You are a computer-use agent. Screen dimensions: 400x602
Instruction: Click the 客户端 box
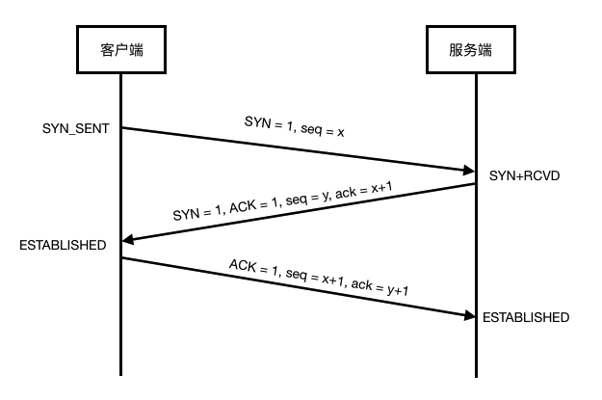(120, 47)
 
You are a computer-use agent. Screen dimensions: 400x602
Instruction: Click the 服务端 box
(475, 47)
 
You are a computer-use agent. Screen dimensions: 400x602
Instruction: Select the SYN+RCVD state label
(525, 177)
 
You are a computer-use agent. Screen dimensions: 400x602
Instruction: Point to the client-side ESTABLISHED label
(63, 246)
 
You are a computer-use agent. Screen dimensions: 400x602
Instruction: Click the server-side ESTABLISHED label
(526, 317)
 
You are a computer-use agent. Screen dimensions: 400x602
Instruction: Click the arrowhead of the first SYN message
(468, 172)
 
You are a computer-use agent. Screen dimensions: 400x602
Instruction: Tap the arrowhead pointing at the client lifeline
(128, 241)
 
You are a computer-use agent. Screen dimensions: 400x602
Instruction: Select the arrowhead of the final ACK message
(468, 315)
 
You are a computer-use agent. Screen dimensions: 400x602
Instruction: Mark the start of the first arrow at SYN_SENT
(122, 128)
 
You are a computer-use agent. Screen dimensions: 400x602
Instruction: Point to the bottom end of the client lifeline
(120, 374)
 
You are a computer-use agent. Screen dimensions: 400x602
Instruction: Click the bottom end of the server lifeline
(475, 374)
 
